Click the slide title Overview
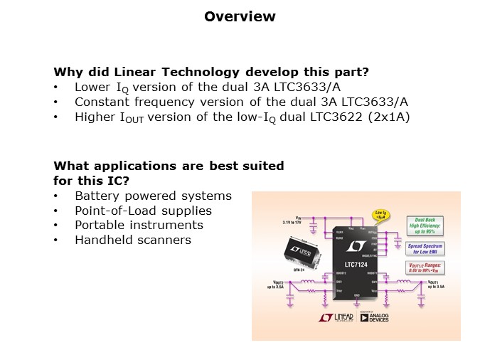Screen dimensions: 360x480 coord(240,16)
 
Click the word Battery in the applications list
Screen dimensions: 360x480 coord(97,196)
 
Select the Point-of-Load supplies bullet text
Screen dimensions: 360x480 coord(143,211)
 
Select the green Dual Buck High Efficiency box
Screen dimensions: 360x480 coord(424,226)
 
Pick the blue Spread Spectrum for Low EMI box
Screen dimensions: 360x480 coord(425,248)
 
